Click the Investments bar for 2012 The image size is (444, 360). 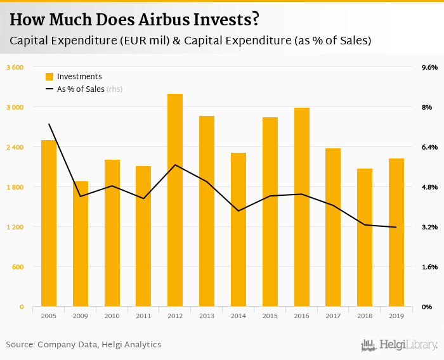point(175,200)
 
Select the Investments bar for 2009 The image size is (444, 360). point(80,244)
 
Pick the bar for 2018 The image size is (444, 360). point(365,238)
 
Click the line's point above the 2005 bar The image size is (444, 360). point(49,124)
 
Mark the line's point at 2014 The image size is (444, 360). point(238,210)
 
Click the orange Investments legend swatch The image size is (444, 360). point(49,77)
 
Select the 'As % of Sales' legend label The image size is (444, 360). point(81,89)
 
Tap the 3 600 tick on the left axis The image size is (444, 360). point(15,67)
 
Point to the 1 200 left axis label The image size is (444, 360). point(15,227)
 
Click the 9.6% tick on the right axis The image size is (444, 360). point(429,67)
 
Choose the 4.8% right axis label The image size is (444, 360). point(429,187)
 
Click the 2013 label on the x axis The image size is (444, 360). point(207,315)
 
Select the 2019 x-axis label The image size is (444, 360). point(396,315)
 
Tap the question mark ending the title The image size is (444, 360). point(254,20)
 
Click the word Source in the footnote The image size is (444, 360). point(20,345)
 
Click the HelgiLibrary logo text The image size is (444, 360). point(408,345)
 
